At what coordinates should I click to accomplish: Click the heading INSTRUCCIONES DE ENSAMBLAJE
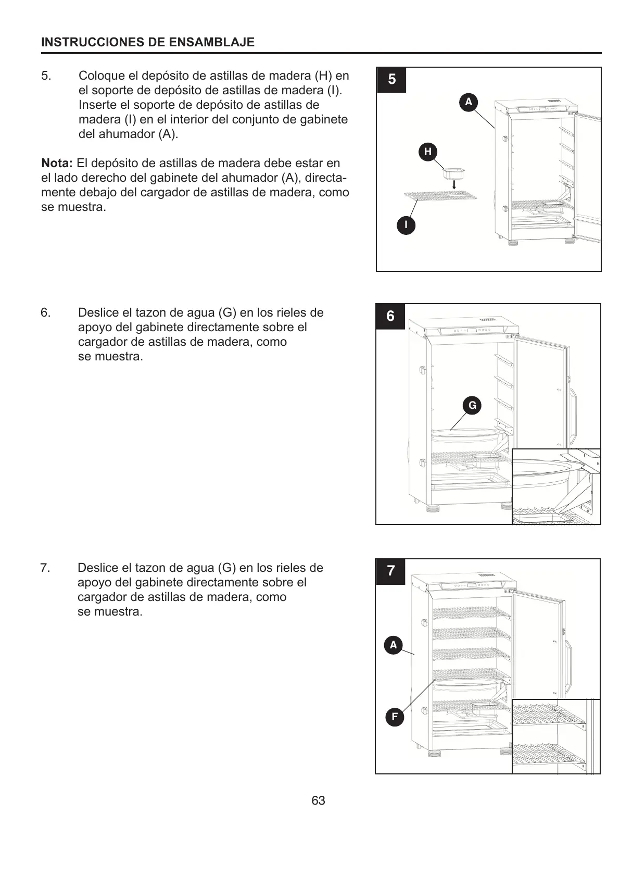click(148, 43)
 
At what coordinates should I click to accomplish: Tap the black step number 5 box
click(391, 80)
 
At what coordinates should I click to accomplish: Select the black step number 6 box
click(390, 316)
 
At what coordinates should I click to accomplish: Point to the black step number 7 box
click(390, 571)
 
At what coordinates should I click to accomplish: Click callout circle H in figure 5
click(428, 152)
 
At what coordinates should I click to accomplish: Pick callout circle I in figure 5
click(406, 225)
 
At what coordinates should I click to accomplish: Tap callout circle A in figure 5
click(469, 102)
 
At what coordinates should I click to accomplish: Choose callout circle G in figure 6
click(472, 406)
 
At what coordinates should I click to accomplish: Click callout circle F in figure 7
click(395, 717)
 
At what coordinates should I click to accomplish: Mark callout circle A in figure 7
click(394, 645)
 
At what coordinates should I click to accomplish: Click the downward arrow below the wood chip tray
click(454, 185)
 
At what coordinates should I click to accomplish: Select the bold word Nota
click(57, 163)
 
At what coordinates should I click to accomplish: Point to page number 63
click(318, 800)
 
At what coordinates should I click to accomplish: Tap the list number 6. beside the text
click(46, 312)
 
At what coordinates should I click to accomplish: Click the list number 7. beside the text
click(45, 568)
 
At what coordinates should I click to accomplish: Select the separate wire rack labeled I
click(440, 195)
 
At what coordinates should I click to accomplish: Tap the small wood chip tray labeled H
click(453, 172)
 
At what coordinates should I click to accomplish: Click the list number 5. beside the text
click(46, 76)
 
